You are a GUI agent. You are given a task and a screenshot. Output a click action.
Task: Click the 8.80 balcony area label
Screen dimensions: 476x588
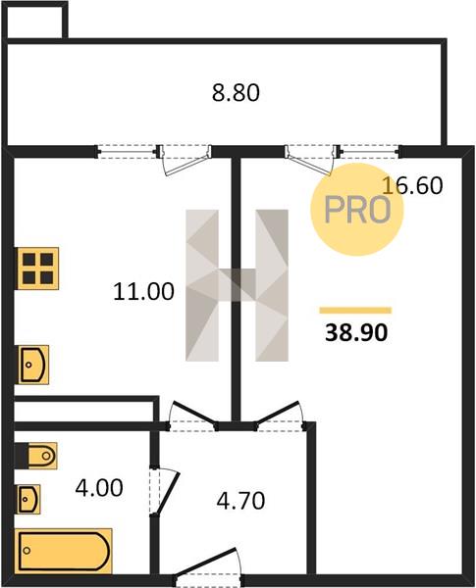point(236,93)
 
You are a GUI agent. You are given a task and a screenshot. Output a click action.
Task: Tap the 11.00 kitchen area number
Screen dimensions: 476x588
point(143,291)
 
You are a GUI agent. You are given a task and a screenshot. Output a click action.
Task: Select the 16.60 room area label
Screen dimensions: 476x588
point(412,185)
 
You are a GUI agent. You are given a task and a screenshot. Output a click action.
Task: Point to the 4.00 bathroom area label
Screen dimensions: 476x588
point(99,488)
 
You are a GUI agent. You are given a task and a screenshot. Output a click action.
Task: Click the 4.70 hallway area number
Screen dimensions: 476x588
point(240,500)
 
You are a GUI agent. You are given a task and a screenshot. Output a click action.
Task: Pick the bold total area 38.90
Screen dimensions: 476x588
point(356,332)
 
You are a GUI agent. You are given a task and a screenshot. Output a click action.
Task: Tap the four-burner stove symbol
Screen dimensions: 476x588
point(37,269)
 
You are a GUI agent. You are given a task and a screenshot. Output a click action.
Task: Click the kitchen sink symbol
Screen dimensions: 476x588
point(33,365)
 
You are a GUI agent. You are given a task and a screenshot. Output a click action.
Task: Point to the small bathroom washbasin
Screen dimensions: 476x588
point(28,499)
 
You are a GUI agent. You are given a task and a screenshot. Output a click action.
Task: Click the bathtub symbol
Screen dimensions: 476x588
point(64,551)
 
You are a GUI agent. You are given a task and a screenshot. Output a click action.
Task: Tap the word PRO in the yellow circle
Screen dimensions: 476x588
point(357,210)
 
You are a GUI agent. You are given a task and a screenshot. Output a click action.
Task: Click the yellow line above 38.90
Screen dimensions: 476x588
point(355,310)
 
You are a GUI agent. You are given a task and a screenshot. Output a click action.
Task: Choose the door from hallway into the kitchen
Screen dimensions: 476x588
point(192,416)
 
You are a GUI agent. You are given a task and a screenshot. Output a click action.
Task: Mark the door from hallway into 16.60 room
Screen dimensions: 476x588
point(280,416)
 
